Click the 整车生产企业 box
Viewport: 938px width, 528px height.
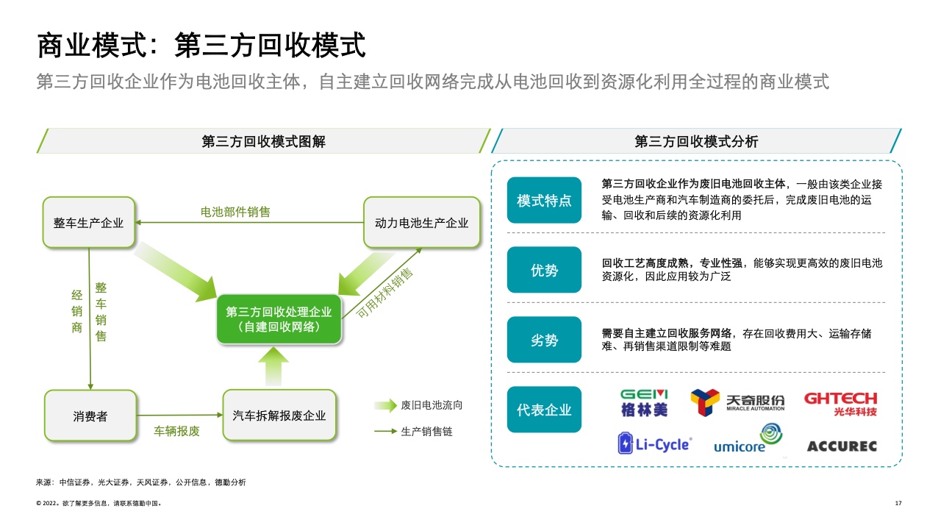pos(89,222)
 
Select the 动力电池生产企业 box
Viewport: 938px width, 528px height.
pos(422,222)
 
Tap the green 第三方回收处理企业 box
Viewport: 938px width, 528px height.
pos(279,318)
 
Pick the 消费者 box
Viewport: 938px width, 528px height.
pos(90,415)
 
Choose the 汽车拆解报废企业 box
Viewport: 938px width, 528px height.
pos(279,415)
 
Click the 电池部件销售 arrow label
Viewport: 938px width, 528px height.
pos(235,212)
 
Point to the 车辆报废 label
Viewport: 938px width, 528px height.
pos(176,431)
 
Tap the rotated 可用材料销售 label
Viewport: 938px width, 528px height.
pos(384,292)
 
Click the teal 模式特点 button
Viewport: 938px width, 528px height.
pos(544,200)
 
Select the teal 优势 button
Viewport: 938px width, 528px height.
pos(544,270)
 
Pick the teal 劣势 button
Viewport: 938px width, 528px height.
pos(544,340)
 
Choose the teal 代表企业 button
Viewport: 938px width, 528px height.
pos(544,410)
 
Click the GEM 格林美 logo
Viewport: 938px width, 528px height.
pos(644,402)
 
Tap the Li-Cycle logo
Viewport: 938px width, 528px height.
pos(654,443)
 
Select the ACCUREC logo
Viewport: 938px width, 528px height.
pos(842,446)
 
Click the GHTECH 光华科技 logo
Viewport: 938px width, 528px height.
pos(840,403)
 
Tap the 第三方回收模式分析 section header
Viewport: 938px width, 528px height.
pos(696,142)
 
